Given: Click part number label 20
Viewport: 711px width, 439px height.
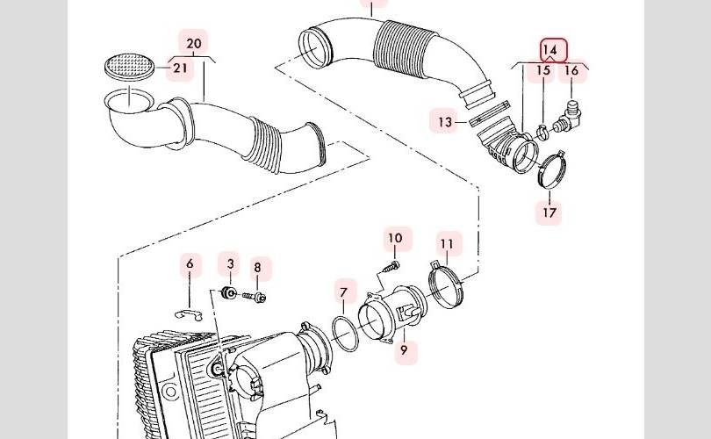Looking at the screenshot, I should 194,43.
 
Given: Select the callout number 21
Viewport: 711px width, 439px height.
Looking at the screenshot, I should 181,68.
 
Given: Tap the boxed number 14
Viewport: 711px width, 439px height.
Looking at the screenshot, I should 553,50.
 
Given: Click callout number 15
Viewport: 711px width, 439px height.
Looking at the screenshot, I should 544,70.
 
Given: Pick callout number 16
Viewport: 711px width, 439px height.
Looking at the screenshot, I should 571,70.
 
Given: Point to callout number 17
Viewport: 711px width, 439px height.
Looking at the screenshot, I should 550,212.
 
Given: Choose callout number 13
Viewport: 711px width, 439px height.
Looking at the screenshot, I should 445,121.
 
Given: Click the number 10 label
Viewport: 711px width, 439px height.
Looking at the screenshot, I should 395,238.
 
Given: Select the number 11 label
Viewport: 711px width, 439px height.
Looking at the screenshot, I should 448,243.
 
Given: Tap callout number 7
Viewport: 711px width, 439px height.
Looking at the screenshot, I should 344,292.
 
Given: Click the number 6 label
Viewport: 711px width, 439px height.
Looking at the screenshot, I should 190,263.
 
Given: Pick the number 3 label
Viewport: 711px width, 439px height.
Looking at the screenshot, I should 231,263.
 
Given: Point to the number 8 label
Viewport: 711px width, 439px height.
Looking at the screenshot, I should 257,269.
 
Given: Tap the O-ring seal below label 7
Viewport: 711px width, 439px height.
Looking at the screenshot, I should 345,334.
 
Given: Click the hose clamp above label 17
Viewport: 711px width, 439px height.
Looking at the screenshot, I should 550,169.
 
